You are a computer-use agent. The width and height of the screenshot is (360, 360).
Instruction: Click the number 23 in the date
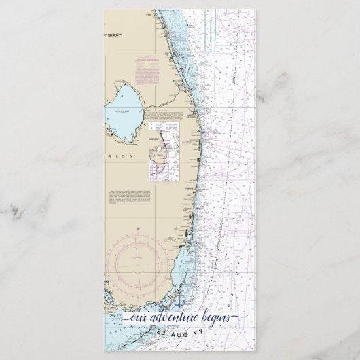coord(160,333)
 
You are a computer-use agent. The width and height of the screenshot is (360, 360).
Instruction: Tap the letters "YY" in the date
coord(194,333)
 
